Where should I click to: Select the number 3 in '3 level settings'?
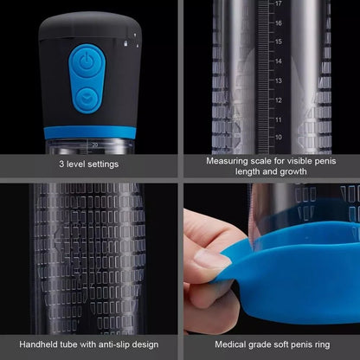pos(61,164)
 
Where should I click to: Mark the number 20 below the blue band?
pos(93,144)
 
